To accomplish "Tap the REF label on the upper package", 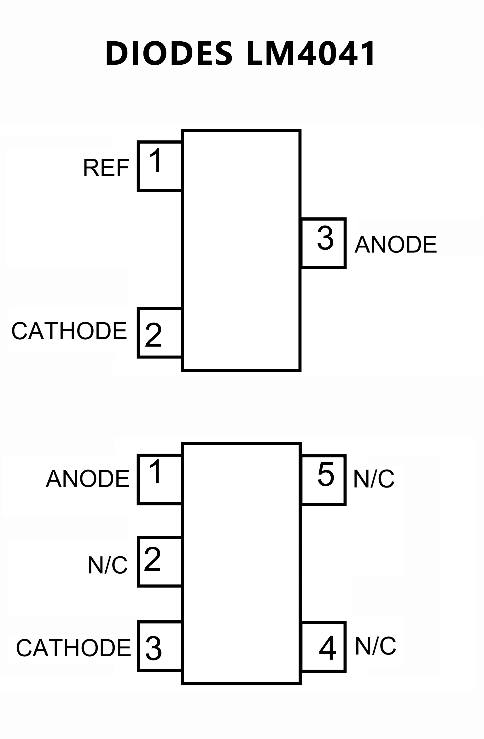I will [106, 168].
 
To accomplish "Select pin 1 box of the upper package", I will [160, 167].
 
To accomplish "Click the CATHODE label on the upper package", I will [69, 331].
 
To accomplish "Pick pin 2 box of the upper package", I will [160, 333].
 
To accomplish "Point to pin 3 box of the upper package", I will [324, 243].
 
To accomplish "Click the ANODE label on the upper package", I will [396, 245].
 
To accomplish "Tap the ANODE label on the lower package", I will [88, 479].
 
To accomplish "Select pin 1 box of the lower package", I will [160, 479].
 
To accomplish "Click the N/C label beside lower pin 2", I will [108, 565].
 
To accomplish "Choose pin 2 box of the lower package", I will [160, 562].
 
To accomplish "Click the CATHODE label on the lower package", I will [73, 648].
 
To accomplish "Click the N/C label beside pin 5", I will [374, 479].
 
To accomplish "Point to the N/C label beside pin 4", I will [376, 646].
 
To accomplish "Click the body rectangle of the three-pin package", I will [241, 250].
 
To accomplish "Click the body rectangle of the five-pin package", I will [241, 564].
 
